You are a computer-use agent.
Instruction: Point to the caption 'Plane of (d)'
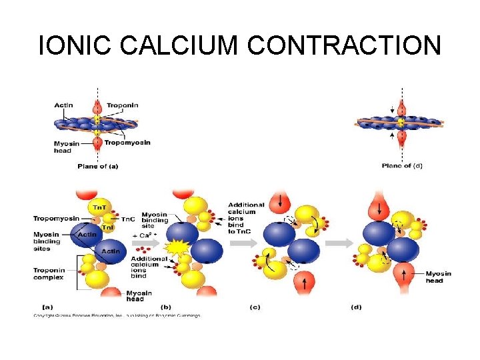pyautogui.click(x=402, y=166)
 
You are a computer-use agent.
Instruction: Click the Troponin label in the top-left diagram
pyautogui.click(x=123, y=105)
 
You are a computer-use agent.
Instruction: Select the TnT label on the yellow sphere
pyautogui.click(x=97, y=207)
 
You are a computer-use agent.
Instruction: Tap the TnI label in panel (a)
pyautogui.click(x=107, y=227)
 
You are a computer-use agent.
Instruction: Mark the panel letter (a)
pyautogui.click(x=39, y=307)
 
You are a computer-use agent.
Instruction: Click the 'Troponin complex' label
pyautogui.click(x=49, y=273)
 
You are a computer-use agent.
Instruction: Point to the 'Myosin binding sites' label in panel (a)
pyautogui.click(x=48, y=241)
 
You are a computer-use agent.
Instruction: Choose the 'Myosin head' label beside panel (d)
pyautogui.click(x=438, y=277)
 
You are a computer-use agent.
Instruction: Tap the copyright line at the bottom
pyautogui.click(x=117, y=315)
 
